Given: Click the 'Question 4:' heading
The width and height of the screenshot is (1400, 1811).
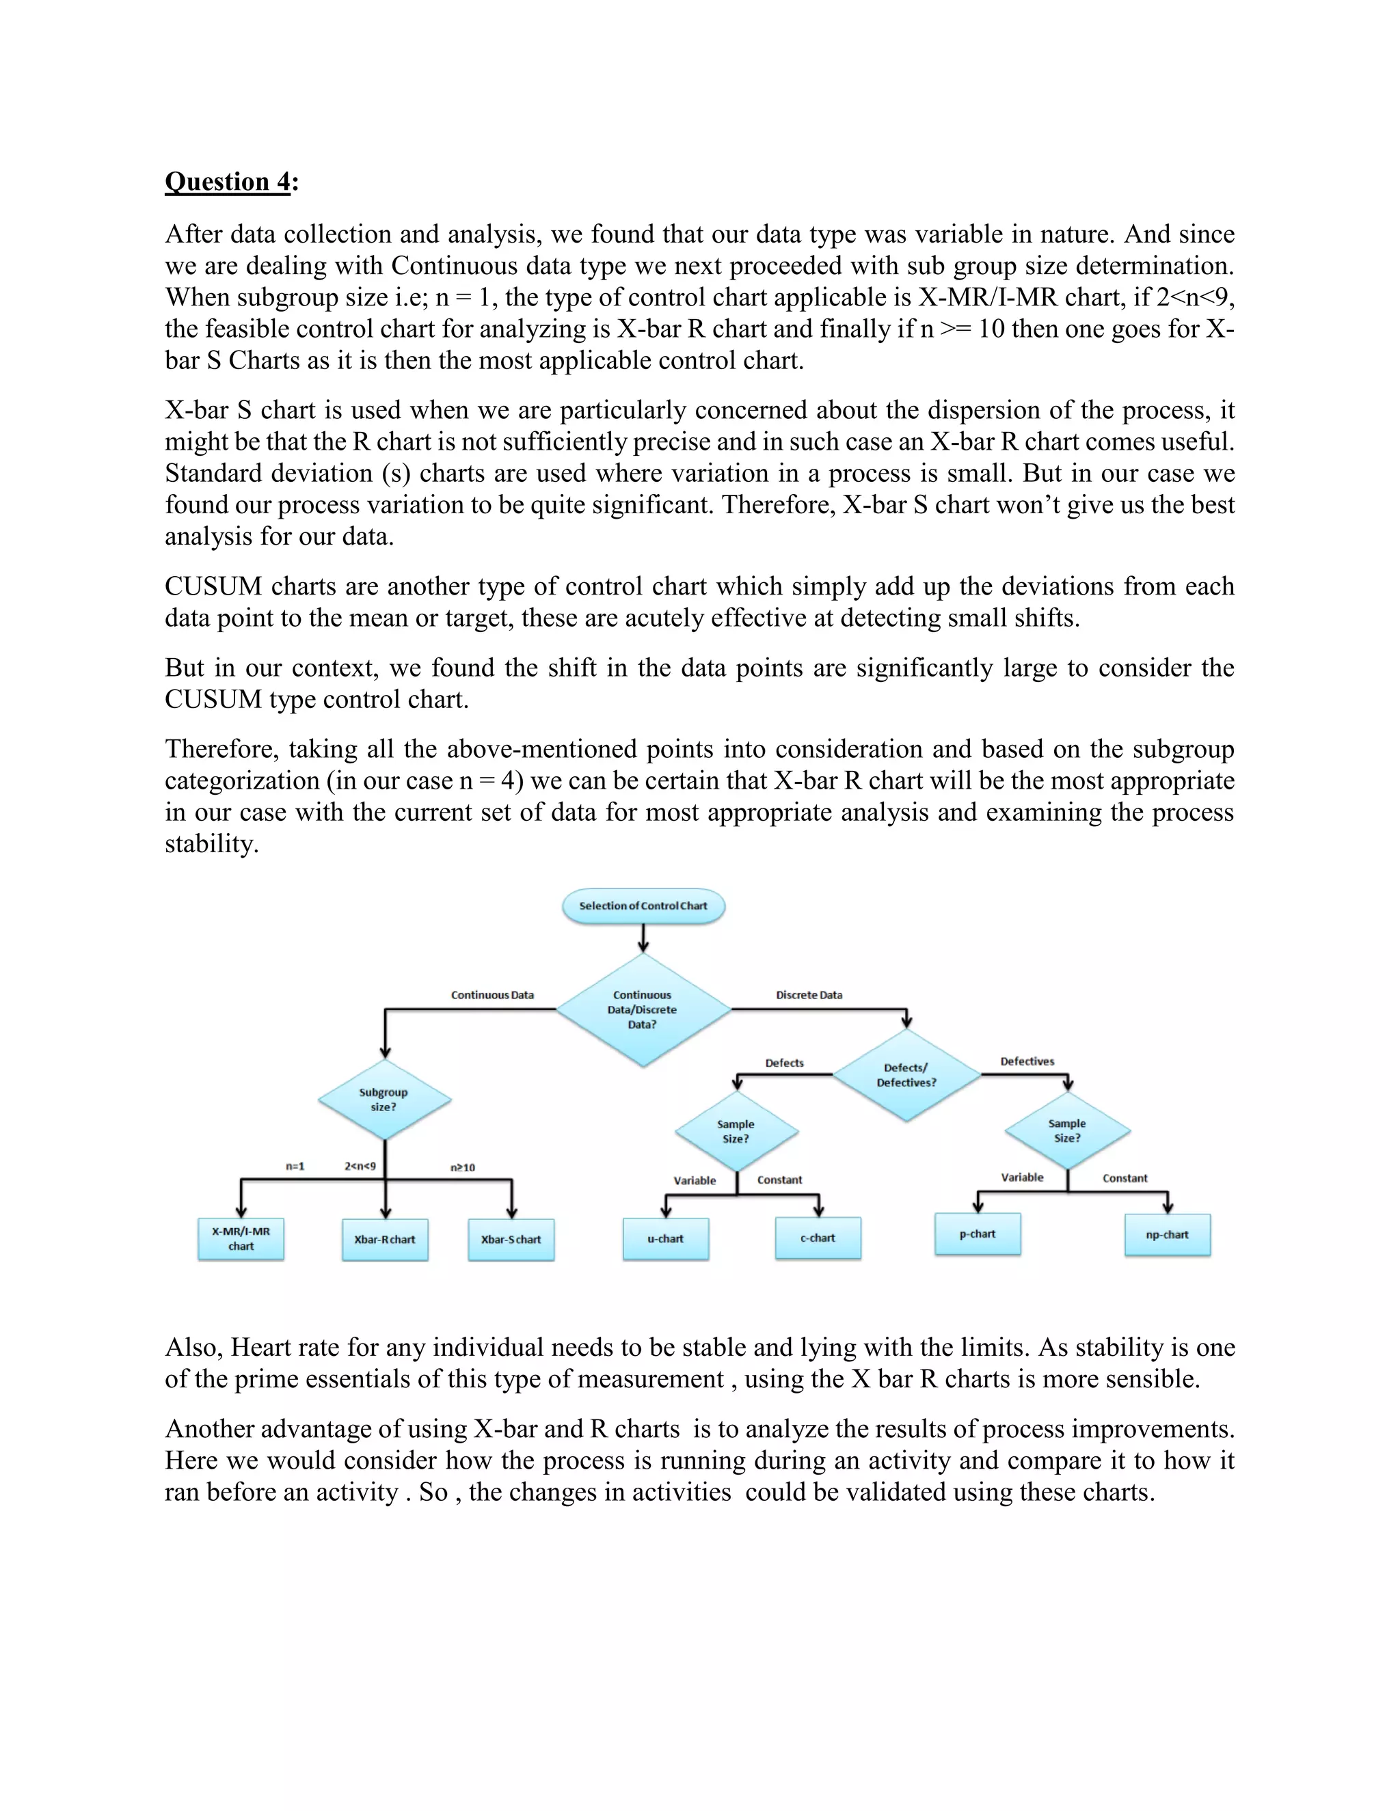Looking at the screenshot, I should point(230,182).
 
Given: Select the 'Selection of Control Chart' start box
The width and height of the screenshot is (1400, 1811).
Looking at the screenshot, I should point(643,905).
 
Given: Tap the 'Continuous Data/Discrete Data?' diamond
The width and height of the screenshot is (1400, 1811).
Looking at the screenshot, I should point(643,1009).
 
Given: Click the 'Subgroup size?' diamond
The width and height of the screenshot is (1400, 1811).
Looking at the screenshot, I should point(384,1100).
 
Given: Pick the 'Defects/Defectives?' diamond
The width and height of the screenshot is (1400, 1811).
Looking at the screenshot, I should point(906,1075).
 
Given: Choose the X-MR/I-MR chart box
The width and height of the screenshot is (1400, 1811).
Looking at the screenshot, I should point(241,1239).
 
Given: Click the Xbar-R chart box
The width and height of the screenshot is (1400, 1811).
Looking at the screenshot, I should point(385,1239).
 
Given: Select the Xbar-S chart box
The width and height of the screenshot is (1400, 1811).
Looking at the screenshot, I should point(511,1239).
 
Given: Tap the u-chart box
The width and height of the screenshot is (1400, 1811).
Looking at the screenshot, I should point(665,1238).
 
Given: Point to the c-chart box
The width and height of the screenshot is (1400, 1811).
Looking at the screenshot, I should point(818,1237).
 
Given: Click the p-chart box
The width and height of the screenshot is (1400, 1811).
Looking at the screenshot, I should point(977,1234).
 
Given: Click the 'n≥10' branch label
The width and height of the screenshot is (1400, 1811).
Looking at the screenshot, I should point(463,1167).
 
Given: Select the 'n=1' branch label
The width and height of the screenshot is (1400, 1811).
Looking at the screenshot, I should point(295,1166).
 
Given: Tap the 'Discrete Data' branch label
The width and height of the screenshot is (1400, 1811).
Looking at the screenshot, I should point(809,995).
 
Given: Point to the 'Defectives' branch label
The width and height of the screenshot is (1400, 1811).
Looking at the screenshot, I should point(1027,1061).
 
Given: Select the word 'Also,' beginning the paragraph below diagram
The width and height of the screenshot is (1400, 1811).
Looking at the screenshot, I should point(193,1348).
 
